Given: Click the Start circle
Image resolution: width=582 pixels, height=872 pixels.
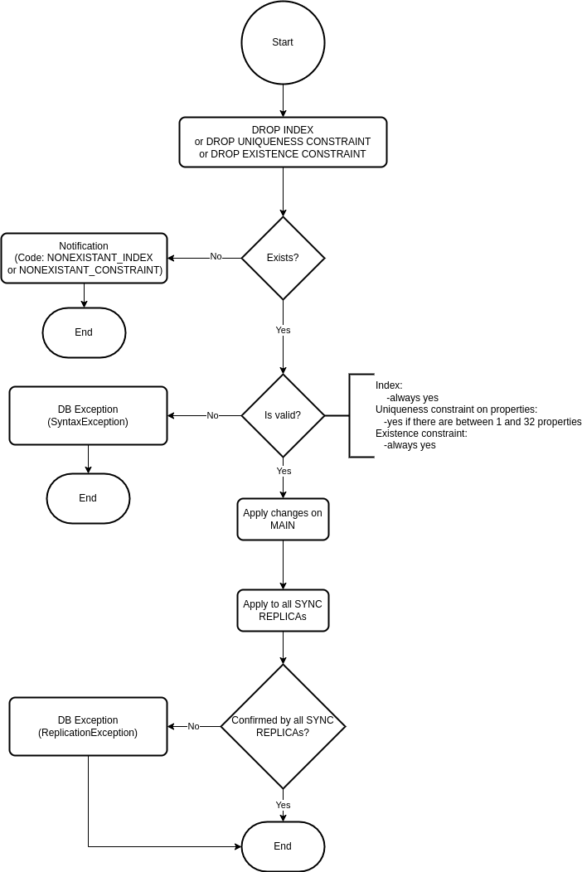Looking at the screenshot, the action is [x=283, y=42].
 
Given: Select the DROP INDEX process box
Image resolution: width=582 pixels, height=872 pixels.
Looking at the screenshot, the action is [x=283, y=142].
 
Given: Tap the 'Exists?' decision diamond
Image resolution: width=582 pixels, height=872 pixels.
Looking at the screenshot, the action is [x=283, y=258].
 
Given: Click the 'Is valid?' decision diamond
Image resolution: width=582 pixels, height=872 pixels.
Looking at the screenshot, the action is [x=283, y=415].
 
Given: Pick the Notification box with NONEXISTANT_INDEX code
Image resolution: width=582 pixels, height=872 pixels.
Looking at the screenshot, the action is [x=84, y=258].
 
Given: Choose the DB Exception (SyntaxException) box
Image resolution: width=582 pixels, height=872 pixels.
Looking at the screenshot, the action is [x=88, y=415].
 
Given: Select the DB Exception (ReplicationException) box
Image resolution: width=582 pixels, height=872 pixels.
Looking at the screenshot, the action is [x=88, y=726].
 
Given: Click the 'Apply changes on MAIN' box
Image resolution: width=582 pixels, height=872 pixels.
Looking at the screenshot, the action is [x=283, y=519].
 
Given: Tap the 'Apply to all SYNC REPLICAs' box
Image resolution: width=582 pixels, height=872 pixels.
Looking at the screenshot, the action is [x=283, y=610].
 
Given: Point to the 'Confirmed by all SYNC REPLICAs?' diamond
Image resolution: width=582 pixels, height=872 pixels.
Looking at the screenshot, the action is [x=283, y=726].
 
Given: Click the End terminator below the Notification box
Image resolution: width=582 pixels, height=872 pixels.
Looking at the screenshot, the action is [x=84, y=332].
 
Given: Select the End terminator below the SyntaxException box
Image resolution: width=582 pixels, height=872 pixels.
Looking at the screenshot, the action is [x=88, y=498].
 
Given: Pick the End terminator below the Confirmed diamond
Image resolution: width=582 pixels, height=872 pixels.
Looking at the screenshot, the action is [x=283, y=846].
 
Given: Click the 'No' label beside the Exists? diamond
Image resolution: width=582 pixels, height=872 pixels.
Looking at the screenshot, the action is [x=216, y=256].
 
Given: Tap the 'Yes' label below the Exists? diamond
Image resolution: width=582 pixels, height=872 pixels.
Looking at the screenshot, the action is [x=284, y=330].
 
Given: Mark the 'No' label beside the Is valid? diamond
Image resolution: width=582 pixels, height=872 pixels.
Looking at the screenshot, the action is [x=212, y=415].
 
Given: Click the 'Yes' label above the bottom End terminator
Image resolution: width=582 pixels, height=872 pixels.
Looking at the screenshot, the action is [x=284, y=805].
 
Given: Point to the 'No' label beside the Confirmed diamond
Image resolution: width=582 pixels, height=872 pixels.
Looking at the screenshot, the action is [x=194, y=726].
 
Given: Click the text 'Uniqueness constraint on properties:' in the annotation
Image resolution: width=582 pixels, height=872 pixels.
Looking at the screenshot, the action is [x=456, y=409].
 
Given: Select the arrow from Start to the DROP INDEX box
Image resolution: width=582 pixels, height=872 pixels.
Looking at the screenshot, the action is [x=283, y=100].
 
